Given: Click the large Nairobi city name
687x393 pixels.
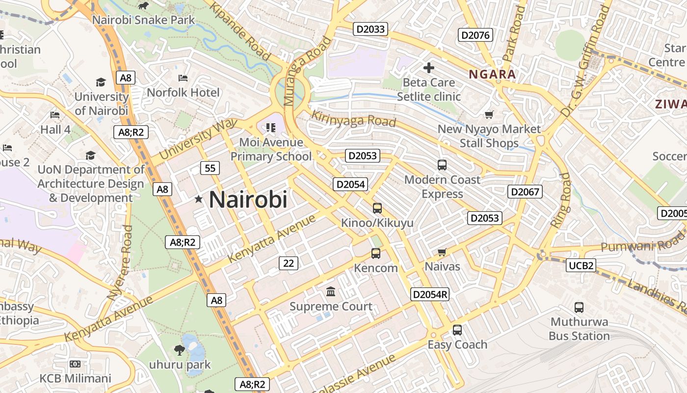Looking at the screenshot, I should point(248,199).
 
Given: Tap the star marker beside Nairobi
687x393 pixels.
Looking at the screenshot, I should point(199,199).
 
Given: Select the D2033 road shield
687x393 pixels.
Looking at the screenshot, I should point(370,29).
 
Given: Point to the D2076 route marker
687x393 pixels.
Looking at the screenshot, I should point(475,35).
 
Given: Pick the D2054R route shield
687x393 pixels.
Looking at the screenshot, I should point(430,294).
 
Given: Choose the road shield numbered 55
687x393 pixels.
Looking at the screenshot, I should point(210,168).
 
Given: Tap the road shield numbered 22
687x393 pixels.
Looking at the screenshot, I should point(289,263).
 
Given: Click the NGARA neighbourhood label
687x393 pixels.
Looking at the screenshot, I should point(492,75).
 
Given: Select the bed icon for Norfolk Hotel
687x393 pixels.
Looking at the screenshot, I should point(183,78).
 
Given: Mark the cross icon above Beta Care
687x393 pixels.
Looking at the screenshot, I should point(429,68).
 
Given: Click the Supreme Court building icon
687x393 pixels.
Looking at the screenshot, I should point(331,292).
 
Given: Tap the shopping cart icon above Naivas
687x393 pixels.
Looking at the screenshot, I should point(442,253).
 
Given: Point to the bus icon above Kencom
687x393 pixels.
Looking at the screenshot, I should point(376,253).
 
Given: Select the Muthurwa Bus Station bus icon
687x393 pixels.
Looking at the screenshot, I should point(579,308).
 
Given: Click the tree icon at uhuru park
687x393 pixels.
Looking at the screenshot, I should point(180,350).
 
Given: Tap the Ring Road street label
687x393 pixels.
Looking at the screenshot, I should point(561,200).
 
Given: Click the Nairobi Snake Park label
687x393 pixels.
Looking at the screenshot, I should point(143,20).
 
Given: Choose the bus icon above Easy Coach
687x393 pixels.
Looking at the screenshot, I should point(457,330).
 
